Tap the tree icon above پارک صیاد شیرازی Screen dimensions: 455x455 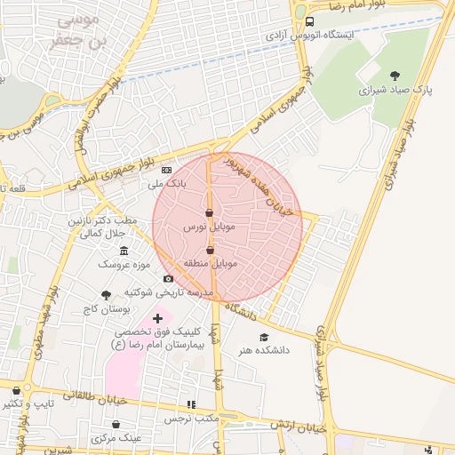point(395,76)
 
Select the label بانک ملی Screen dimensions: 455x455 point(167,184)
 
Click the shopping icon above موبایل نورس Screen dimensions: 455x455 point(209,213)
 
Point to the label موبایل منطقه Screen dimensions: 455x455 point(211,264)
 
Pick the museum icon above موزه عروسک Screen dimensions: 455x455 point(123,250)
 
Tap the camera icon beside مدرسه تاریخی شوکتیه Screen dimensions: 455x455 point(168,279)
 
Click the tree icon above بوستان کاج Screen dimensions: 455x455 point(107,295)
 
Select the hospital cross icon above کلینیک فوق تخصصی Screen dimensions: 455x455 point(157,317)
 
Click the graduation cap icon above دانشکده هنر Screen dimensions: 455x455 point(263,337)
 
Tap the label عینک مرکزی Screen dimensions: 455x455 point(117,437)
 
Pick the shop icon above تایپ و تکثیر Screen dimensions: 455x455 point(15,389)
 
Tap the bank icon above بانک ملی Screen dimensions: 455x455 point(166,170)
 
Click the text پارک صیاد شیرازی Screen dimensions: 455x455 point(395,91)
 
